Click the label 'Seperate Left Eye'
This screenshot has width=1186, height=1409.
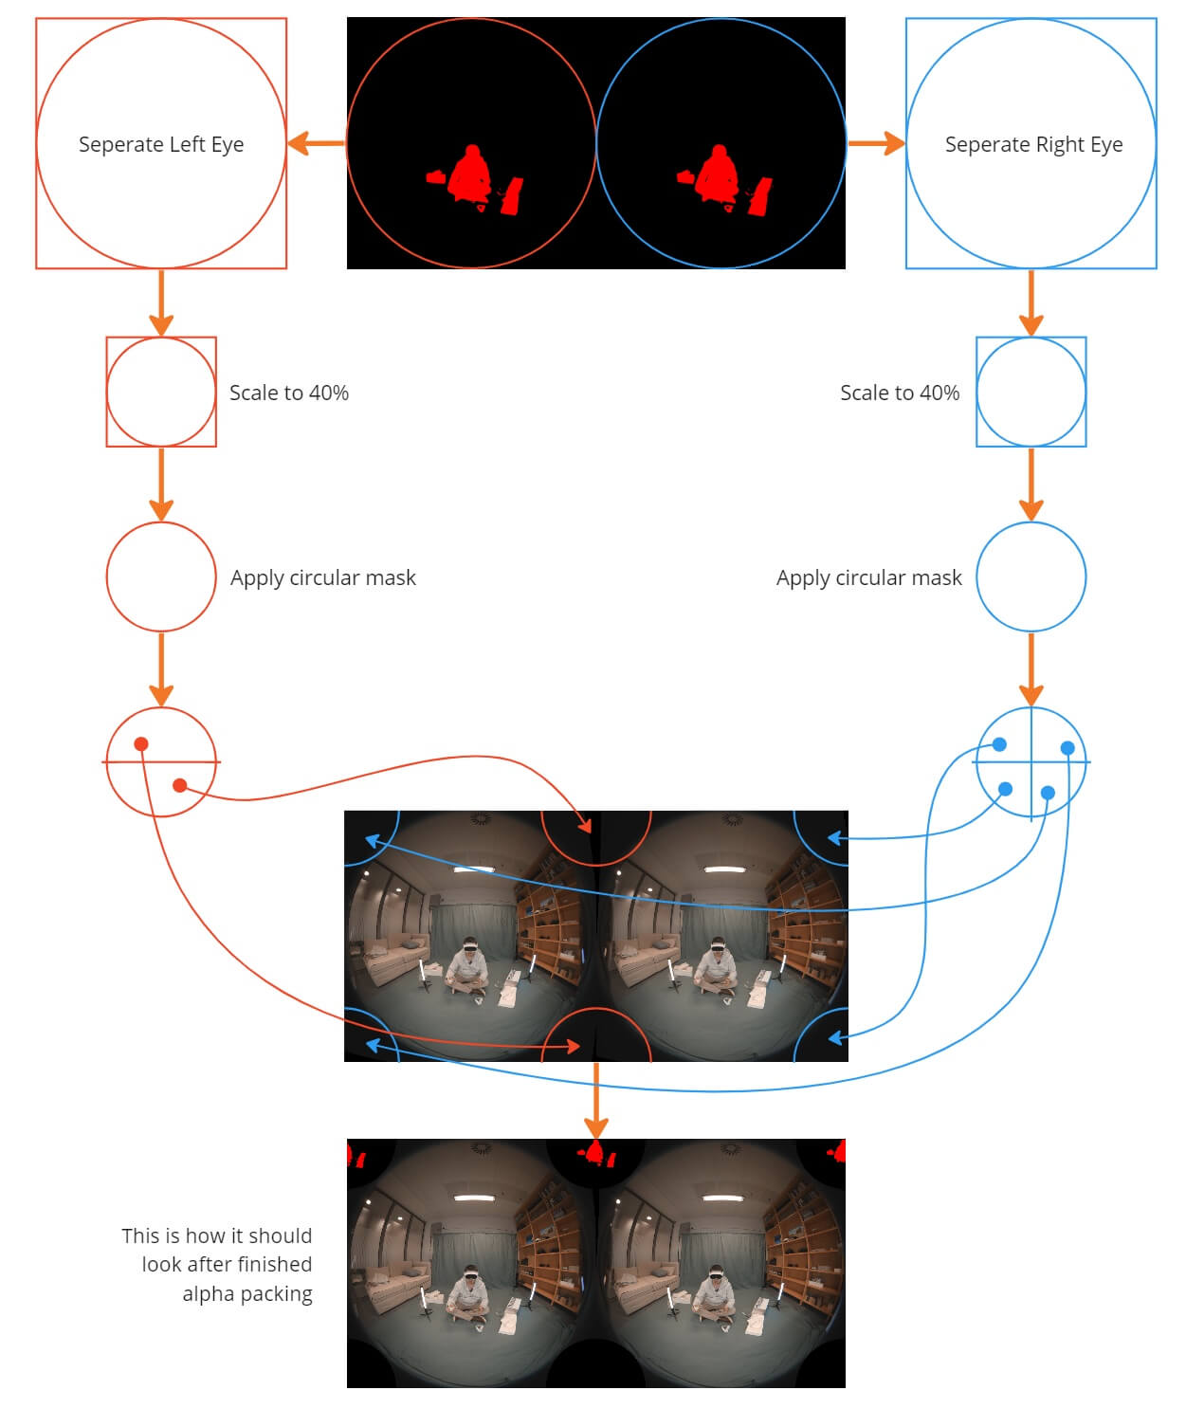[161, 144]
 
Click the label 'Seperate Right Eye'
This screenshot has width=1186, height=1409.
[1033, 144]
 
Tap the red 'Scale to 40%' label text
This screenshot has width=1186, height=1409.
[289, 393]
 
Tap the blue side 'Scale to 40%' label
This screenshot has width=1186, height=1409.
[900, 393]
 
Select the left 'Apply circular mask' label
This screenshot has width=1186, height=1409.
[323, 577]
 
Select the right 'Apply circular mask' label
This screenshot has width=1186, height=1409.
[868, 577]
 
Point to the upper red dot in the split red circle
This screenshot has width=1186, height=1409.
[141, 744]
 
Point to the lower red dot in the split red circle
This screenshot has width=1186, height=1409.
[179, 785]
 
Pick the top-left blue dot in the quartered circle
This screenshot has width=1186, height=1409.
[999, 745]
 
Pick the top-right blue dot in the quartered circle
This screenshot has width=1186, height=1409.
[1067, 748]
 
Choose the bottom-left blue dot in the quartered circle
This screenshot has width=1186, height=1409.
[1006, 789]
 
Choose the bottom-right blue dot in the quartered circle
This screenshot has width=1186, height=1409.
[1048, 793]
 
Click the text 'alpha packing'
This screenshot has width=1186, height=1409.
[247, 1293]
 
